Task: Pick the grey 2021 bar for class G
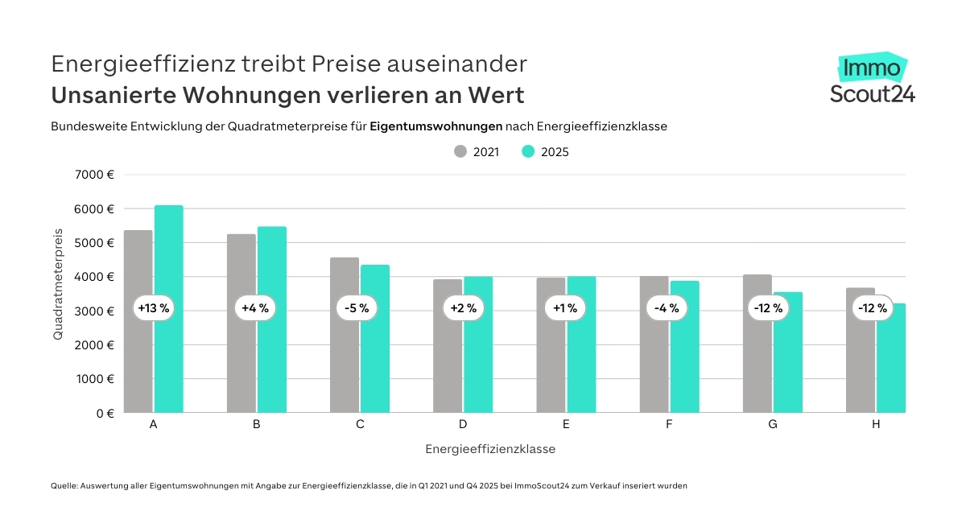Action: pos(758,362)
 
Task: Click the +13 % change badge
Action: pos(153,308)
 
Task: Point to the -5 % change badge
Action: pos(359,308)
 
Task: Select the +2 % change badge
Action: pos(462,308)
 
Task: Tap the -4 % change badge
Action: pos(668,308)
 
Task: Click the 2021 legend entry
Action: pos(477,151)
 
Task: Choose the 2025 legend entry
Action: pos(546,151)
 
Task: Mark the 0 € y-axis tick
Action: pos(105,413)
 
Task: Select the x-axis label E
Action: pos(566,424)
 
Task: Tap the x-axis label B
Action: pos(256,424)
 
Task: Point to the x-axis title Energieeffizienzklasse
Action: pos(490,449)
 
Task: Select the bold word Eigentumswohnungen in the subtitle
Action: pos(436,126)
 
